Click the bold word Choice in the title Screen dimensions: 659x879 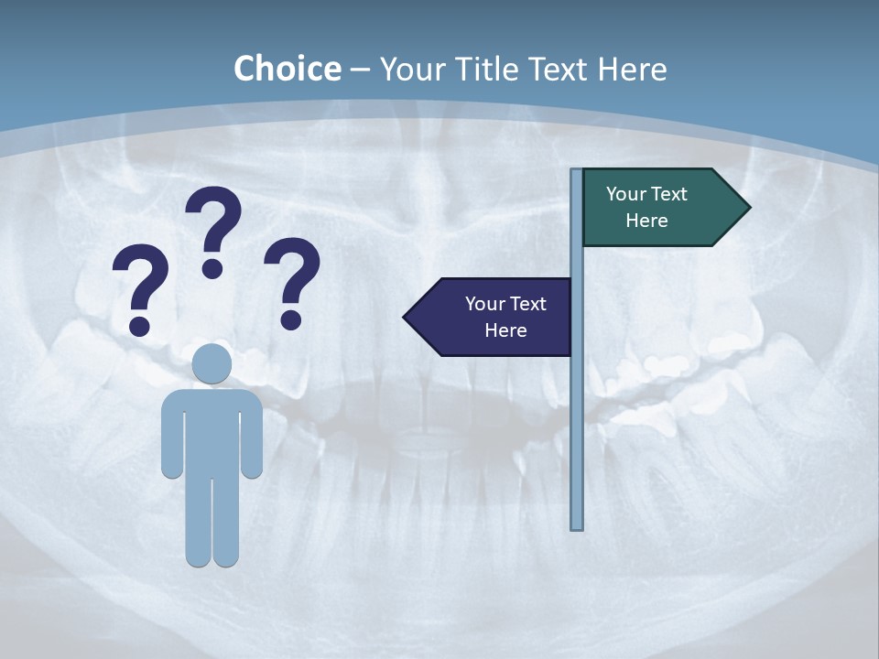[287, 69]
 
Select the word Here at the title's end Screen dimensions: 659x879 [632, 69]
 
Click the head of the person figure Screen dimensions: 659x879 [212, 363]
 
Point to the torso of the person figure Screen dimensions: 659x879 [212, 430]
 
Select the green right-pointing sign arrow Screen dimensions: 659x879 [659, 208]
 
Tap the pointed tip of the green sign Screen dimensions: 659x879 [748, 208]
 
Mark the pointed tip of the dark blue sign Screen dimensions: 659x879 [406, 317]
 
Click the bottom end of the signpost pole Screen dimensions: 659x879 [577, 526]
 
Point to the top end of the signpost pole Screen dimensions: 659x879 [577, 172]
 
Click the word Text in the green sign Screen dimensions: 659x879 [668, 194]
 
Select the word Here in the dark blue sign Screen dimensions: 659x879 [505, 330]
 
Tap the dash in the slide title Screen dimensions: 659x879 [360, 70]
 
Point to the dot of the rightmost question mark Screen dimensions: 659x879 [291, 319]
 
